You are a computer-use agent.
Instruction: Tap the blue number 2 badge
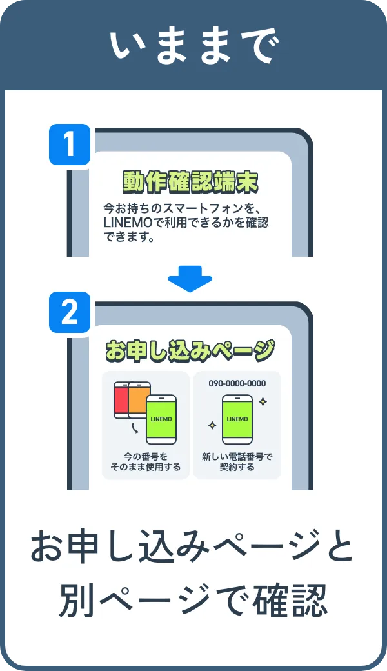(x=69, y=313)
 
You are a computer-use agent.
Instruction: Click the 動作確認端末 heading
(x=191, y=183)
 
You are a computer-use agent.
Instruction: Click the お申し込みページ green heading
(x=190, y=351)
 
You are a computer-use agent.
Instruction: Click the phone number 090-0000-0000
(x=237, y=383)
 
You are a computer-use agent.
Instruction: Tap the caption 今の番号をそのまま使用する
(x=145, y=461)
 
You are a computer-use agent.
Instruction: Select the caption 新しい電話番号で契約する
(x=237, y=461)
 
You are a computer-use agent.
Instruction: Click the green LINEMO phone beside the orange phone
(x=161, y=419)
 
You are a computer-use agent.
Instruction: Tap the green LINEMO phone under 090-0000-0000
(x=237, y=419)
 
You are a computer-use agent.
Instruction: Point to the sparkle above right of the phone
(x=263, y=401)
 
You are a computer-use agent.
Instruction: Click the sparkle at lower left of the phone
(x=211, y=426)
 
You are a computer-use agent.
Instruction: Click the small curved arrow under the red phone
(x=134, y=428)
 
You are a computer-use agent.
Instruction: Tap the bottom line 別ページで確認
(x=193, y=600)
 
